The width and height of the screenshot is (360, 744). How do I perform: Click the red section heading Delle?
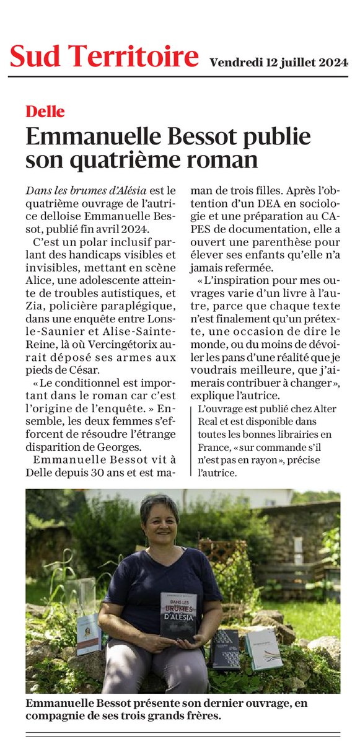[45, 112]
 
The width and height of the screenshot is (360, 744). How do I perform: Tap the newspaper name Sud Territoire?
[104, 57]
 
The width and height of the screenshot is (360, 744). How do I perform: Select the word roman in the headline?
[222, 160]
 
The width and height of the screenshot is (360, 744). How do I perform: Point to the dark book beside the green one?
[226, 649]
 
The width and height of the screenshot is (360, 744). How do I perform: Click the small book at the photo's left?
[89, 634]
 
